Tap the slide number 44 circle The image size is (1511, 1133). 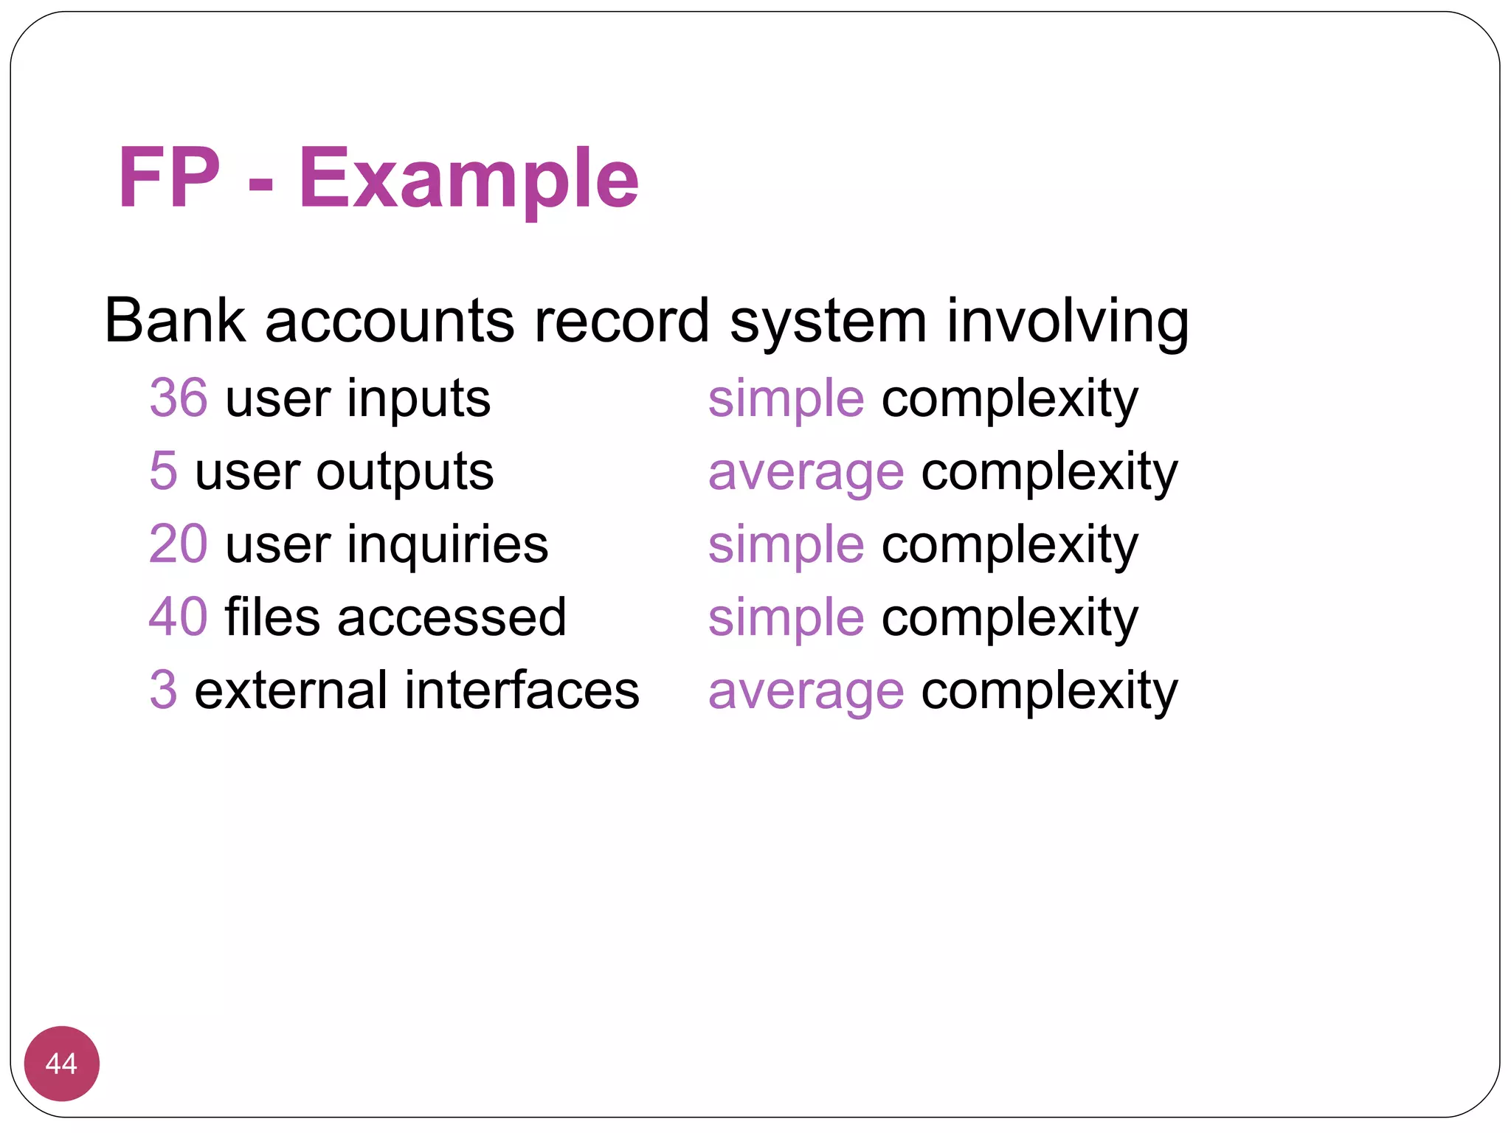coord(61,1063)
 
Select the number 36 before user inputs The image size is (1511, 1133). coord(179,398)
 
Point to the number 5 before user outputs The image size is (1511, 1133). coord(163,471)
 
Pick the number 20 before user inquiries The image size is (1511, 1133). coord(179,544)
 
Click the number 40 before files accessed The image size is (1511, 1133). coord(179,617)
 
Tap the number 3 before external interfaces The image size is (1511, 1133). coord(163,690)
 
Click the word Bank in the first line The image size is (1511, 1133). coord(175,321)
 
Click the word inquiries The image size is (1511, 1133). coord(448,544)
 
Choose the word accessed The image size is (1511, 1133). coord(452,617)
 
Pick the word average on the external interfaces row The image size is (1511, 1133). coord(806,691)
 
